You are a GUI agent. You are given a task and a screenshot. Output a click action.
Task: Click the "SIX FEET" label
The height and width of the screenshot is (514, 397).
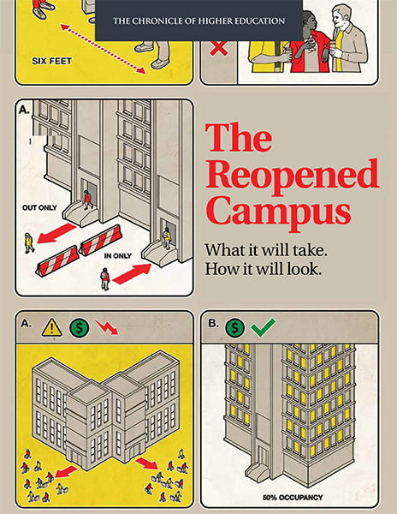[x=51, y=61]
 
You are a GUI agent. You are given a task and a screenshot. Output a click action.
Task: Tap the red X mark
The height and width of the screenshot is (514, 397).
[x=219, y=48]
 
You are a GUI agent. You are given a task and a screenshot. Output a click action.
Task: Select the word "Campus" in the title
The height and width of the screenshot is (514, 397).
[x=278, y=212]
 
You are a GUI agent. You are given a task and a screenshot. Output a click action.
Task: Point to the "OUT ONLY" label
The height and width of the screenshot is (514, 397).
[x=39, y=207]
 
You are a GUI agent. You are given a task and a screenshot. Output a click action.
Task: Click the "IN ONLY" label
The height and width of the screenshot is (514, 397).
[x=118, y=255]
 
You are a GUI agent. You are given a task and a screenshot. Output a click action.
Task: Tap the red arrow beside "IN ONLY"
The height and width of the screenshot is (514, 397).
[x=132, y=274]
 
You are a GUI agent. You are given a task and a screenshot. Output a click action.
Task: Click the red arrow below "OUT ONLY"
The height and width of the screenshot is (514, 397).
[x=56, y=233]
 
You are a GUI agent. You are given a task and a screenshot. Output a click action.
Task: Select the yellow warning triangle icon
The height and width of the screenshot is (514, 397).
[x=51, y=328]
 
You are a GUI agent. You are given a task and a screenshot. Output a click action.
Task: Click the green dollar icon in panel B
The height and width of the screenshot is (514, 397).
[x=234, y=327]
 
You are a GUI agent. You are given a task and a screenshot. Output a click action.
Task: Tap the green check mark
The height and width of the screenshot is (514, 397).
[x=264, y=327]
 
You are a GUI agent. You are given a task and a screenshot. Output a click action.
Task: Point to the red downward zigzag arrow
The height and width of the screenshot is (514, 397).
[x=107, y=327]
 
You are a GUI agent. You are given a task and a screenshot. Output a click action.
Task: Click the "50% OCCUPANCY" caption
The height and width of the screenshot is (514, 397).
[x=293, y=497]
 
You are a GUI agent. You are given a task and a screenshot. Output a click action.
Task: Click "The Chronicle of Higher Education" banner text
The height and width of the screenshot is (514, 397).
[x=199, y=21]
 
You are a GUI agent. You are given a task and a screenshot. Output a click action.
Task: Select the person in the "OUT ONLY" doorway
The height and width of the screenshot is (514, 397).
[x=88, y=200]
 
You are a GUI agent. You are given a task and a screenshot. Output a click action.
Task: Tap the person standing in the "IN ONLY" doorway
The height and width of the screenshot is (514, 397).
[x=167, y=238]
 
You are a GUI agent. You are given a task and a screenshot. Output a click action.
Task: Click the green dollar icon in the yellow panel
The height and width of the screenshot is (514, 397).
[x=80, y=328]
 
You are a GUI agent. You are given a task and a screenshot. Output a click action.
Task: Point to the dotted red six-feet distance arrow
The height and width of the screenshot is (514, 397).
[x=103, y=49]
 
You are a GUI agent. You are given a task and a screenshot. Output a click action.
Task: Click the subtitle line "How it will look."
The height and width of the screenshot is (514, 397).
[x=264, y=270]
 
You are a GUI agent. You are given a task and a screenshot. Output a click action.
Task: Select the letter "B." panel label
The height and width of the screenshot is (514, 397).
[x=213, y=324]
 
